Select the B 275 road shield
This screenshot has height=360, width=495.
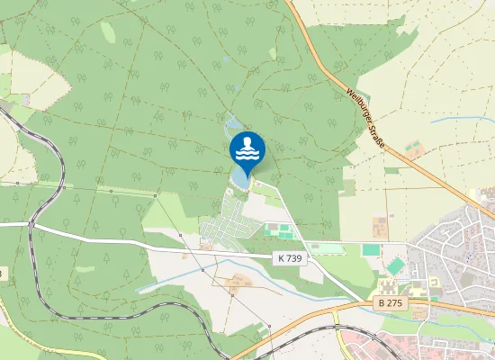[x=388, y=304]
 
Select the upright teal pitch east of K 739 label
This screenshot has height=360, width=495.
[x=371, y=249]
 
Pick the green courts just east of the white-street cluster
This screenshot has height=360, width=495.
[x=282, y=232]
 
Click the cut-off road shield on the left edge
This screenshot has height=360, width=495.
[x=3, y=272]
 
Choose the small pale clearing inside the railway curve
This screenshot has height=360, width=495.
[x=85, y=268]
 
